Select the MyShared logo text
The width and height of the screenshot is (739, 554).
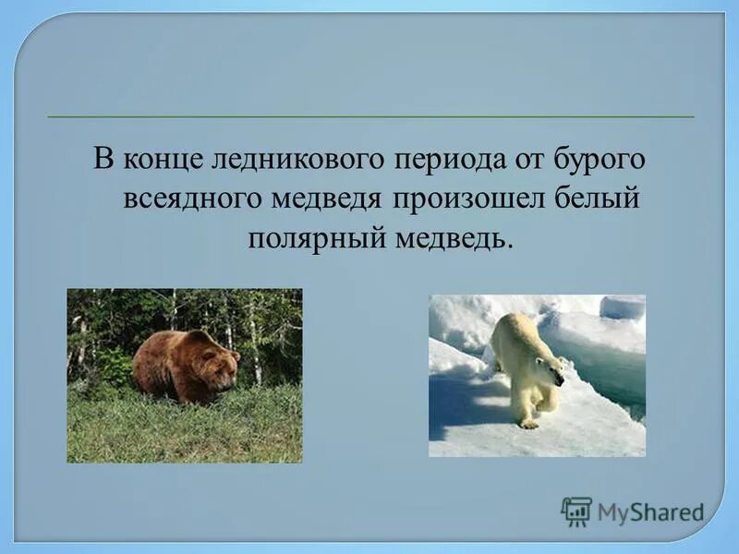coord(650,512)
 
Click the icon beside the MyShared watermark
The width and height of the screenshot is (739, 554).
coord(576,512)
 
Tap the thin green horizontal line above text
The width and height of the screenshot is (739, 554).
coord(369,117)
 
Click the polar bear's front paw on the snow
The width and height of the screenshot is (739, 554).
coord(528,423)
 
